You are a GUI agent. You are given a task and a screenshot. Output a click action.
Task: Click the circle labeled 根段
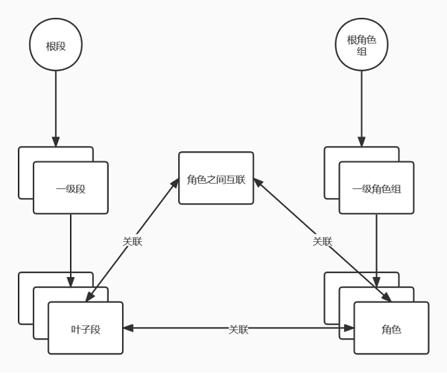click(x=56, y=45)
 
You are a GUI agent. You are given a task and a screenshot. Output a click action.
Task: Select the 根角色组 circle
click(x=361, y=45)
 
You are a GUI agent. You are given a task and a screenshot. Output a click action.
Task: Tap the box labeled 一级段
click(x=71, y=188)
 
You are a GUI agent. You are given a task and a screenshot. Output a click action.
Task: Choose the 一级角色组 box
click(x=376, y=188)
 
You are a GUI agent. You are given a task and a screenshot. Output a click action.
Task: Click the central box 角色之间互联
click(x=216, y=179)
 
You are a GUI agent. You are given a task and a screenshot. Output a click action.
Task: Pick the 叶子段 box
click(x=86, y=328)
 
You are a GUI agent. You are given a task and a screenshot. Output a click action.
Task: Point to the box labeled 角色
click(x=391, y=328)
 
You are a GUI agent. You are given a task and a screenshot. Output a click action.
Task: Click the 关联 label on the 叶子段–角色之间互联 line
click(x=132, y=241)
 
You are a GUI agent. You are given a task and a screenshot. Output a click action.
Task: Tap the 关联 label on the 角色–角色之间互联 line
click(x=322, y=241)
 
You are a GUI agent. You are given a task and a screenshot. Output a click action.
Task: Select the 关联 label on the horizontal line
click(x=238, y=329)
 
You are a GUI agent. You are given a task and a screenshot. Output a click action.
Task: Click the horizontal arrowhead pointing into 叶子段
click(x=128, y=328)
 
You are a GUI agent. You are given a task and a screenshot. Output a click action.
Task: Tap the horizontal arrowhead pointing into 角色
click(x=349, y=328)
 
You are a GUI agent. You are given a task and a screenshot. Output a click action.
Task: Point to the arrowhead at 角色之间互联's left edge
click(x=175, y=183)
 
